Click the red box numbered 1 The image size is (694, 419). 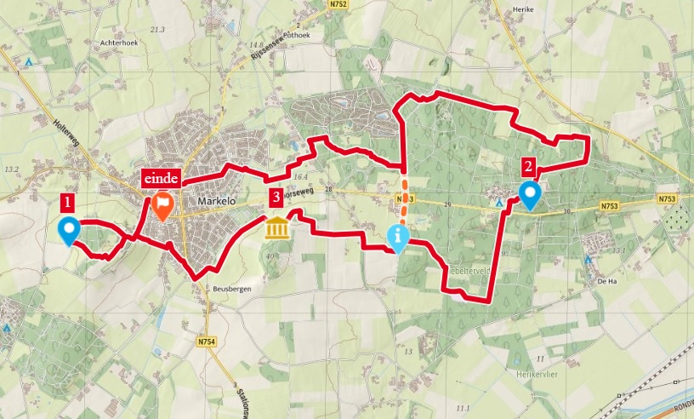67,202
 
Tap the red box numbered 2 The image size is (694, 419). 529,167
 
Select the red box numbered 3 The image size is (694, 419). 275,198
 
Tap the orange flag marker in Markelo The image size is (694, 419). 162,205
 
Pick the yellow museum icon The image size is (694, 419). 277,227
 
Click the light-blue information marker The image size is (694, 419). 397,238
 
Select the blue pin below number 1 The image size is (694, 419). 67,230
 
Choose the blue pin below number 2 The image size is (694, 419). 530,195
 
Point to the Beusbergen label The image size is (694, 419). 225,288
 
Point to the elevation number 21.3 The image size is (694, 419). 156,29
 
